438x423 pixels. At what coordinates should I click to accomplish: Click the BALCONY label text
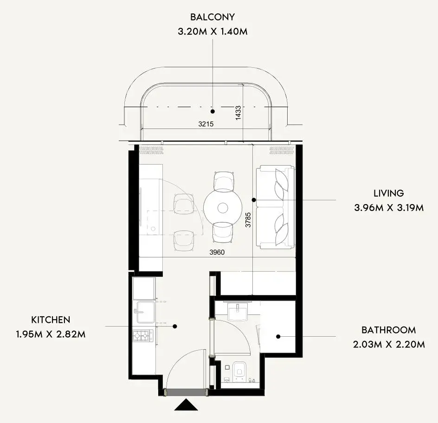coord(213,17)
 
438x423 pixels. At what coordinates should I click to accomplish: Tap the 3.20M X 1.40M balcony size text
coord(213,31)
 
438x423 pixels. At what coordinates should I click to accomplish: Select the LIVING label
coord(388,193)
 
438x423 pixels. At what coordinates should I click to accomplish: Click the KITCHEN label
coord(51,320)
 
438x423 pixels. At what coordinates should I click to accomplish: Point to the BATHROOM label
coord(388,330)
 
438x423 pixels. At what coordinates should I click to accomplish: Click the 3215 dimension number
coord(206,124)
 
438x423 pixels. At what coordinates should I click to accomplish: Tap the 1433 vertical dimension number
coord(238,113)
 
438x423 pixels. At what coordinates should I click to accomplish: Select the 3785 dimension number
coord(248,220)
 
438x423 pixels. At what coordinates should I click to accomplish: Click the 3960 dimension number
coord(217,252)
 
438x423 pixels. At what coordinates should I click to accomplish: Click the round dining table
coord(223,208)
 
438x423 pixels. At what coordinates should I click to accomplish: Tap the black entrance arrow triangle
coord(186,405)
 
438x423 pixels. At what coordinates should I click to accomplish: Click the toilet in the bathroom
coord(239,372)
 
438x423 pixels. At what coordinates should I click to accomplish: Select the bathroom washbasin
coord(238,311)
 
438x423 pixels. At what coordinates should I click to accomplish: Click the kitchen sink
coord(144,312)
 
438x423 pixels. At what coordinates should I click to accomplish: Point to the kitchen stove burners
coord(143,336)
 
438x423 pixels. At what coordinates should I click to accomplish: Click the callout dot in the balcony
coord(213,111)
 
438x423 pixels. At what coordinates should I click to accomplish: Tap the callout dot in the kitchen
coord(175,326)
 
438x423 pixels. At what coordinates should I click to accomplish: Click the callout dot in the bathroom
coord(278,336)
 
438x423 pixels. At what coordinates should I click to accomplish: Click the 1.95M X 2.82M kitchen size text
coord(51,334)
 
